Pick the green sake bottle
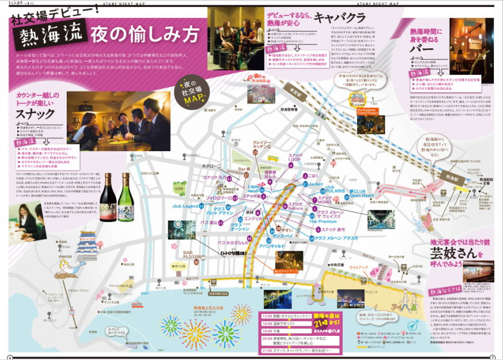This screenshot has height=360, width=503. (127, 205)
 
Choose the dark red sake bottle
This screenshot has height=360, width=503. (108, 205)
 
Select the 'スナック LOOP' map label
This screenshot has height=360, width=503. (295, 158)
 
